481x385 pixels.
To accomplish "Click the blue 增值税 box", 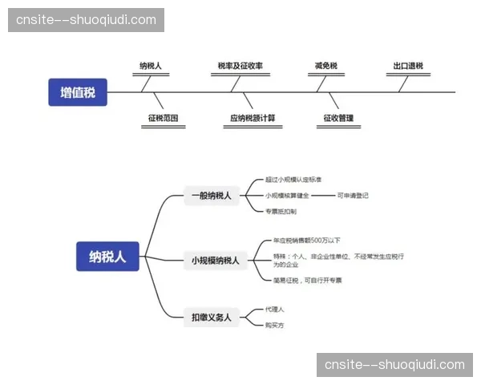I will pyautogui.click(x=78, y=92).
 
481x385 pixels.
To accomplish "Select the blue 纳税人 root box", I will pyautogui.click(x=107, y=257).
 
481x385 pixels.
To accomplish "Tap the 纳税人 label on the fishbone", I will pyautogui.click(x=151, y=66).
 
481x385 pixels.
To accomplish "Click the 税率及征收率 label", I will pyautogui.click(x=240, y=66).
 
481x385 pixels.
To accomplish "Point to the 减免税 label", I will pyautogui.click(x=326, y=66).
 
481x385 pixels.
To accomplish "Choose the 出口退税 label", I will pyautogui.click(x=408, y=66).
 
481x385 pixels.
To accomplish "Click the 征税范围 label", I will pyautogui.click(x=163, y=118).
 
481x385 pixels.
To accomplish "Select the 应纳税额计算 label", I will pyautogui.click(x=253, y=118).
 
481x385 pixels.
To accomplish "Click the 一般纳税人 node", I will pyautogui.click(x=212, y=195).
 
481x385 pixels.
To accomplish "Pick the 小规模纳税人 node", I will pyautogui.click(x=215, y=260).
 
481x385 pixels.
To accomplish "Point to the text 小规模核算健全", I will pyautogui.click(x=287, y=195).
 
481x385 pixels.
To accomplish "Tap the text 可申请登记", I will pyautogui.click(x=353, y=195).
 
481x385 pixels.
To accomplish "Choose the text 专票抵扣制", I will pyautogui.click(x=281, y=212).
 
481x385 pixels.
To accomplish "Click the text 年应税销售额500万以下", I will pyautogui.click(x=307, y=241).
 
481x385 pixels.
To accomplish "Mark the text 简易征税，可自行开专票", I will pyautogui.click(x=308, y=280).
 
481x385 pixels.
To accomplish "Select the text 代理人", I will pyautogui.click(x=275, y=309).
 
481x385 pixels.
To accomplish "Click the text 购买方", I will pyautogui.click(x=275, y=325).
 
